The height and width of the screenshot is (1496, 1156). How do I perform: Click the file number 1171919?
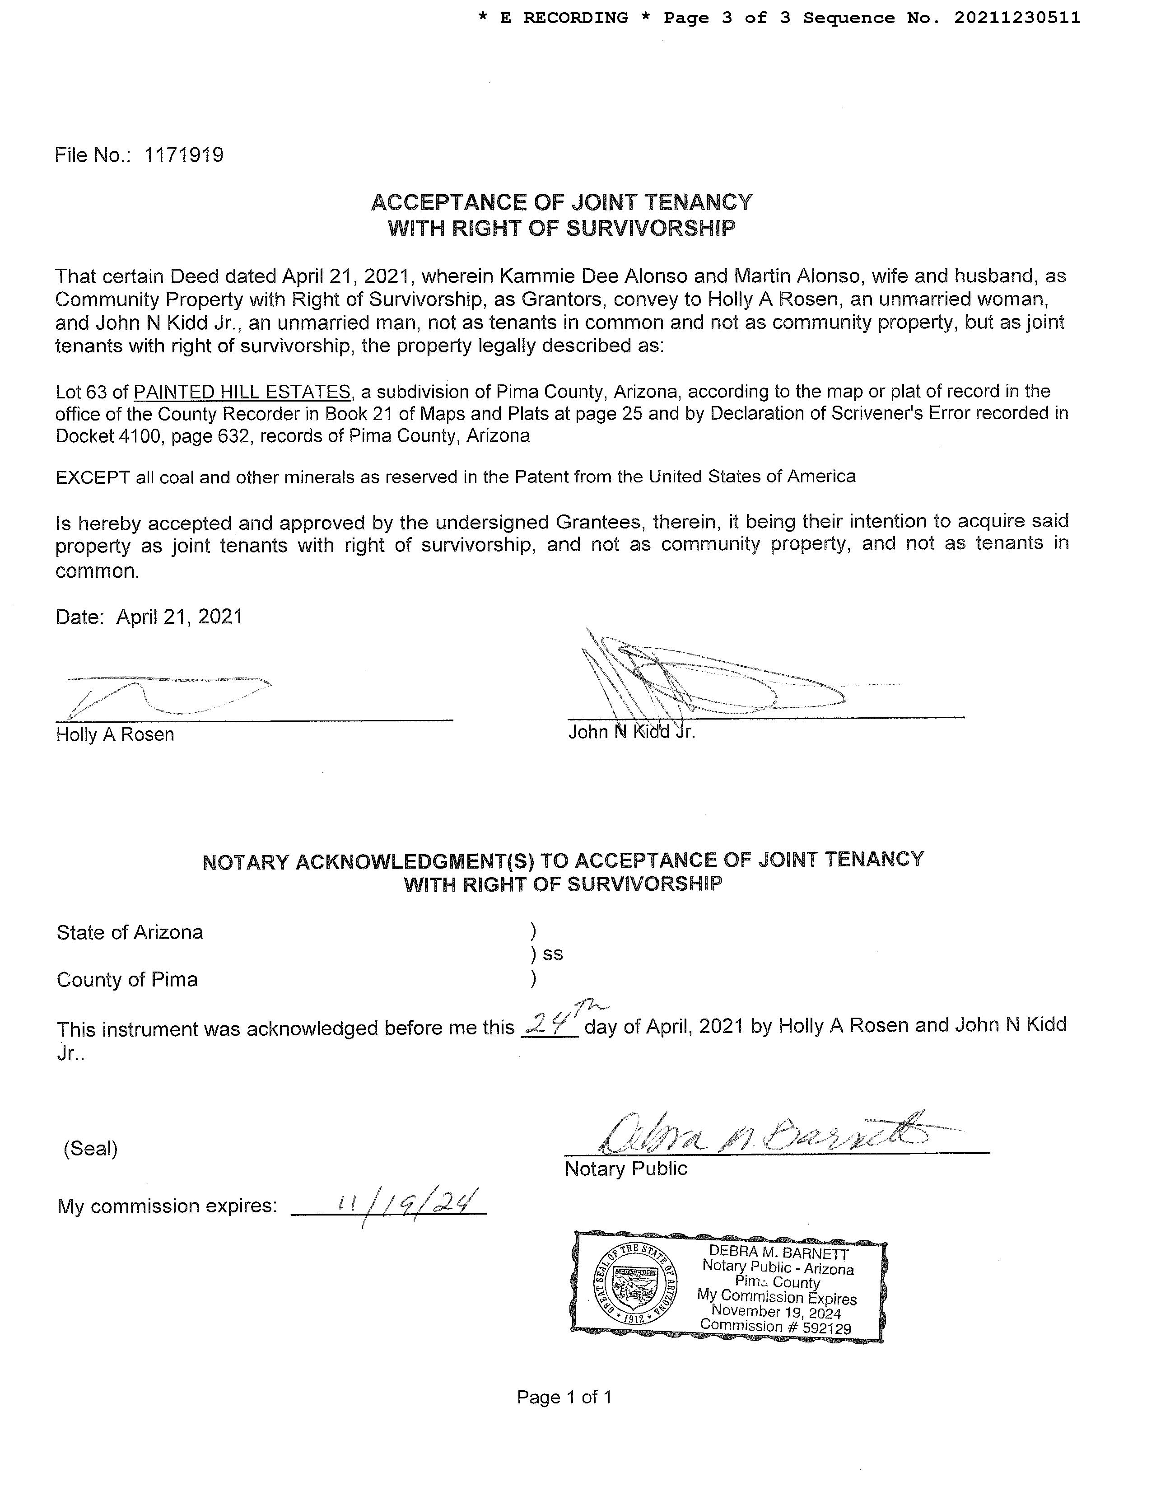point(183,155)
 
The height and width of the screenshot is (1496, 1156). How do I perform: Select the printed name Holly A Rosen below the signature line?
point(115,734)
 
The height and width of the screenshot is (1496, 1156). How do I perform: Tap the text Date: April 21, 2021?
point(149,617)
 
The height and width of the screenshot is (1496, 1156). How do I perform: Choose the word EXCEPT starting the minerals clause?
point(93,477)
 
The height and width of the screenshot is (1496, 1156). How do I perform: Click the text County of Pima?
point(127,980)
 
